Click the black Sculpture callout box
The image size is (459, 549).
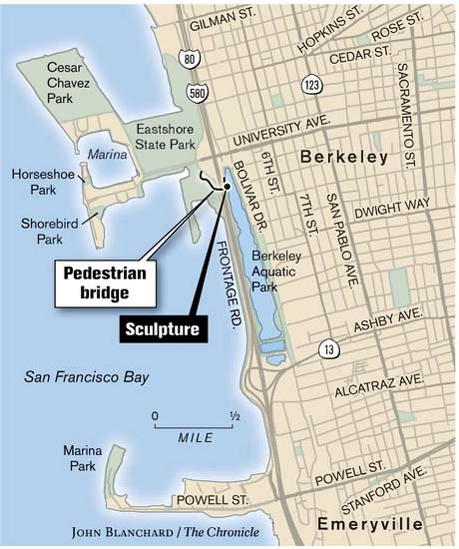point(163,329)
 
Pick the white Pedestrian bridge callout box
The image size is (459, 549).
point(105,283)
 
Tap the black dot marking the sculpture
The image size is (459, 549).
point(227,186)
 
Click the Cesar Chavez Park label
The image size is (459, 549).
point(64,83)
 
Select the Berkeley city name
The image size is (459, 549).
point(344,157)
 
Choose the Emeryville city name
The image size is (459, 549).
point(370,524)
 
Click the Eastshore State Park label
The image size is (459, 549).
point(165,137)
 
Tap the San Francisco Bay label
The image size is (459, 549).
point(86,378)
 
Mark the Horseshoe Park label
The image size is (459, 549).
point(43,182)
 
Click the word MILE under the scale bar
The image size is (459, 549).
point(195,438)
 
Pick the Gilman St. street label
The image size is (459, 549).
point(222,19)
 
